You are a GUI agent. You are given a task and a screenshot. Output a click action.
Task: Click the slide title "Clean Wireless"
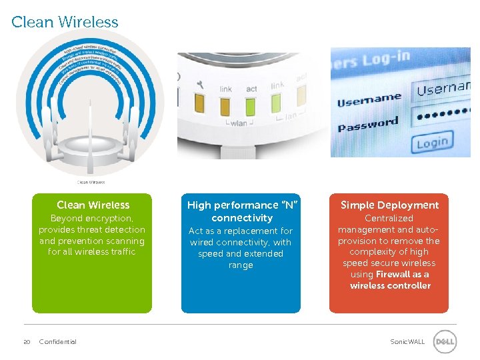tap(65, 22)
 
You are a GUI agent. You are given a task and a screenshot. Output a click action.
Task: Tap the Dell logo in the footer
tap(445, 342)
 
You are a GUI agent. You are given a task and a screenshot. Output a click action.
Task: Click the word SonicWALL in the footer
tap(407, 342)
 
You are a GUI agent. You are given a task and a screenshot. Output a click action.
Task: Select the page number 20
tap(27, 342)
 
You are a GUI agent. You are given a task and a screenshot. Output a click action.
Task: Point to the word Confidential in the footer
tap(58, 342)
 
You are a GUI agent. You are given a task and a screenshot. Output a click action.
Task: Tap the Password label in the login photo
tap(367, 124)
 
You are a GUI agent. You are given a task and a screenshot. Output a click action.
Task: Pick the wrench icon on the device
tap(200, 85)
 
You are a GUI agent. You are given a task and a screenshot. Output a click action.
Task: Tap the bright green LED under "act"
tap(251, 106)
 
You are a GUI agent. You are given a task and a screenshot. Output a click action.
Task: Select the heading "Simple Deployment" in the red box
tap(390, 205)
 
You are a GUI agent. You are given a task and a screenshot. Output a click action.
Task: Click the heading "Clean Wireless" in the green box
tap(93, 205)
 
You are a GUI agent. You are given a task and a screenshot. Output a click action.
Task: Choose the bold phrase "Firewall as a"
tap(402, 274)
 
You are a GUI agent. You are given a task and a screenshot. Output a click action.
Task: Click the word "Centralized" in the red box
tap(389, 218)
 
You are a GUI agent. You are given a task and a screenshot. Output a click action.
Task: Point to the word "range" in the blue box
tap(241, 265)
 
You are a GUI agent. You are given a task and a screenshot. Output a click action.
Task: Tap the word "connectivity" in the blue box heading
tap(241, 218)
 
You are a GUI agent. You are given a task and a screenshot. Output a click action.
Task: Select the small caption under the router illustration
tap(91, 182)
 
